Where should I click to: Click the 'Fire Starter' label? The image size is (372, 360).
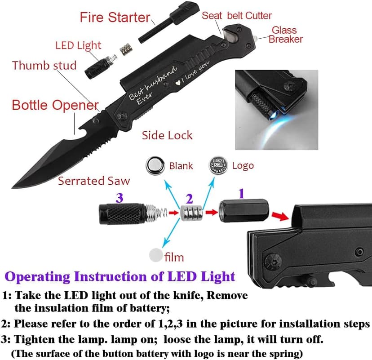pos(115,18)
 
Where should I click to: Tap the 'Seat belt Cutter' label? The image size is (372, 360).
pos(236,16)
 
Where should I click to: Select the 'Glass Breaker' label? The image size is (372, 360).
pos(286,35)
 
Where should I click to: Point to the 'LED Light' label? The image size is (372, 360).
pos(78,45)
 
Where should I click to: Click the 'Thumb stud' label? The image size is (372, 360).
pos(44,65)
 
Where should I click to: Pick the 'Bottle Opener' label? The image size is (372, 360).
pos(55,105)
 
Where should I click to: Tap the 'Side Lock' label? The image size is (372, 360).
pos(167,135)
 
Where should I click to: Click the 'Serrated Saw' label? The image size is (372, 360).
pos(94,181)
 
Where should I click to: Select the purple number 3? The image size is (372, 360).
pos(120,198)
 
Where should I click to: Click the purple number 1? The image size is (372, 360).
pos(241,193)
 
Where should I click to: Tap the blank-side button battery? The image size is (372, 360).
pos(155,165)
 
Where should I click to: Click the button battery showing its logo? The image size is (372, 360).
pos(218,165)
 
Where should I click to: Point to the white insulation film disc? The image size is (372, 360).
pos(155,255)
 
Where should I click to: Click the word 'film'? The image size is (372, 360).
pos(174,257)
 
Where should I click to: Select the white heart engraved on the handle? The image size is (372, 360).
pos(178,83)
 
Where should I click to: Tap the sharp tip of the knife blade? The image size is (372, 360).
pos(12,187)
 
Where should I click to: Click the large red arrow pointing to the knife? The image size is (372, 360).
pos(280,216)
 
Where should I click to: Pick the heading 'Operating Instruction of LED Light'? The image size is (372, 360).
pos(120,276)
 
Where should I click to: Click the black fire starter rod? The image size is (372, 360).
pos(168,23)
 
